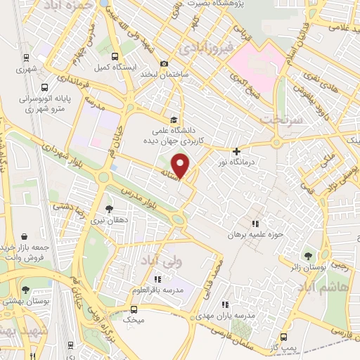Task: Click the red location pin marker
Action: tap(182, 165)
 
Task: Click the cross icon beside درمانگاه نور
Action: tap(236, 150)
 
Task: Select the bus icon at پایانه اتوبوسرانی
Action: tap(44, 89)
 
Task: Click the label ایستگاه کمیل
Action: tap(112, 67)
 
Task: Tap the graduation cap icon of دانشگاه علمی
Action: tap(174, 119)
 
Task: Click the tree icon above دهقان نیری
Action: tap(108, 209)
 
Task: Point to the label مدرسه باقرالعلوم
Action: tap(148, 290)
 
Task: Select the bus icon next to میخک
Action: tap(134, 309)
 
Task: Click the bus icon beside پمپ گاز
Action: tap(283, 337)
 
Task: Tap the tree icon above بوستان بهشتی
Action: tap(25, 289)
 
